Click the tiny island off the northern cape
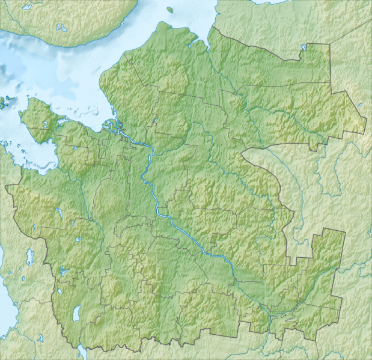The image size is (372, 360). [170, 10]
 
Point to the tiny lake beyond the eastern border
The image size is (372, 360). [360, 106]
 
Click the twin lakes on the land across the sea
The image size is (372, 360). [60, 27]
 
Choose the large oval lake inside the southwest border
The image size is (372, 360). [76, 313]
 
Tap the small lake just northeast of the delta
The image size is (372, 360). [155, 121]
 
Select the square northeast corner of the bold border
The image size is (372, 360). [330, 45]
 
